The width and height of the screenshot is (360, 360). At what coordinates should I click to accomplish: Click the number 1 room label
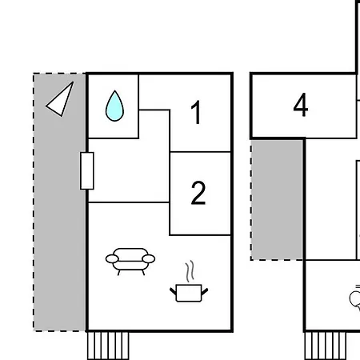pyautogui.click(x=196, y=112)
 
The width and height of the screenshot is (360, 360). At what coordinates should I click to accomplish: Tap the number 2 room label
pyautogui.click(x=198, y=193)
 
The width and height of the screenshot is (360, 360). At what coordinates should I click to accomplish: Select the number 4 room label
pyautogui.click(x=301, y=105)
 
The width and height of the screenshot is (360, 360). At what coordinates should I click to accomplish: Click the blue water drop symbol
pyautogui.click(x=114, y=106)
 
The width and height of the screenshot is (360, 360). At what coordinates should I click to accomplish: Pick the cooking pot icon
pyautogui.click(x=189, y=293)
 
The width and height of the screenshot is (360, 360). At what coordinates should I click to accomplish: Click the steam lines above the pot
pyautogui.click(x=190, y=271)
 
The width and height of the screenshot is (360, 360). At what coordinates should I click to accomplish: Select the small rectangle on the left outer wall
pyautogui.click(x=87, y=171)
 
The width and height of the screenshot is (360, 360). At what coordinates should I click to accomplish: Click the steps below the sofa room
pyautogui.click(x=108, y=346)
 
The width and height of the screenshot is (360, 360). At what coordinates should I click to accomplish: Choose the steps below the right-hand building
pyautogui.click(x=326, y=346)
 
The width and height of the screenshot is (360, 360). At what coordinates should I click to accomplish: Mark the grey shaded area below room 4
pyautogui.click(x=277, y=199)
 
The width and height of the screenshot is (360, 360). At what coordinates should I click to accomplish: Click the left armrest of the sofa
pyautogui.click(x=112, y=258)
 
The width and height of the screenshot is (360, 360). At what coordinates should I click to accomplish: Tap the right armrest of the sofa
pyautogui.click(x=149, y=258)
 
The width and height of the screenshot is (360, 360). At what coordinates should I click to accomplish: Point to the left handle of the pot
pyautogui.click(x=173, y=291)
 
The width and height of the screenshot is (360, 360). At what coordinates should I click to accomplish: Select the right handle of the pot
pyautogui.click(x=205, y=291)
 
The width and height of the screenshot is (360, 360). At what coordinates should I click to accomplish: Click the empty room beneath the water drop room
pyautogui.click(x=129, y=170)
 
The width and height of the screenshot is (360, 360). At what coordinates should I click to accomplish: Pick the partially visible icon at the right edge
pyautogui.click(x=355, y=298)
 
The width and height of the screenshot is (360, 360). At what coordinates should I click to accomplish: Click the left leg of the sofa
pyautogui.click(x=118, y=273)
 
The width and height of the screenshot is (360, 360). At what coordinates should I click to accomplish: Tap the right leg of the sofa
pyautogui.click(x=143, y=273)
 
